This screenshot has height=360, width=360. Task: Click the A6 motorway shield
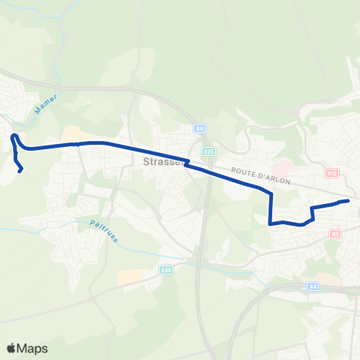click(199, 128)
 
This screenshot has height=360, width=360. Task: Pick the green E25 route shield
click(209, 151)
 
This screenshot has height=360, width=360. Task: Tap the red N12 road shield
click(333, 173)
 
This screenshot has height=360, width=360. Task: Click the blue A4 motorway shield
click(314, 286)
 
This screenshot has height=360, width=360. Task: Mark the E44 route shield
click(166, 269)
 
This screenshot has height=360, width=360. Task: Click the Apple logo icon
click(12, 348)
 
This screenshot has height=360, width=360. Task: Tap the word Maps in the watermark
click(32, 348)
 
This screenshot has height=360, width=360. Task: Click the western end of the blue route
click(20, 170)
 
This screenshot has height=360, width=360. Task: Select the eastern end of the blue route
click(348, 201)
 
